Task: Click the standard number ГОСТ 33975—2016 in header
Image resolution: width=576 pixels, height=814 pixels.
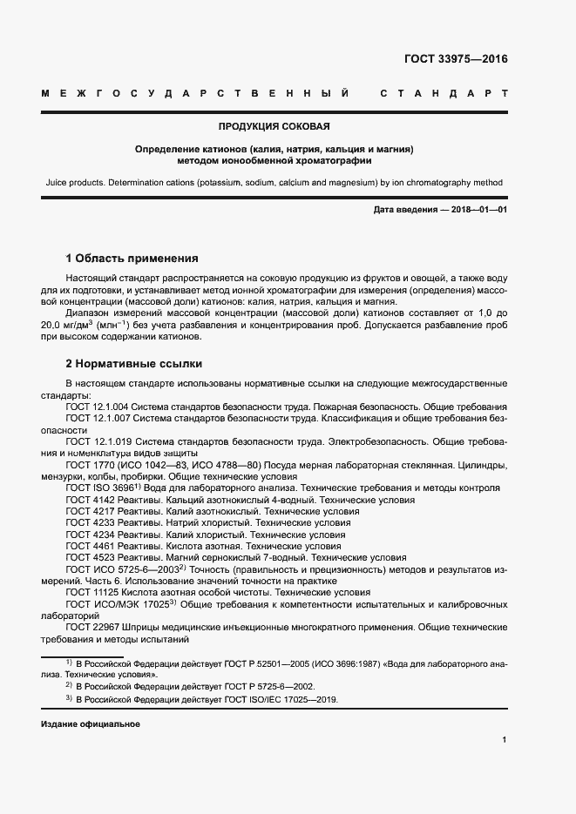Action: click(455, 59)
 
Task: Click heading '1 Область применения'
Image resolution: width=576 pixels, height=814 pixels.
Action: click(132, 258)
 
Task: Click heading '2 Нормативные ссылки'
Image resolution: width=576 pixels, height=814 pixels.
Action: click(133, 364)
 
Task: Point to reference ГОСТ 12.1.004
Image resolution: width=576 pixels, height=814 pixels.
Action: click(98, 407)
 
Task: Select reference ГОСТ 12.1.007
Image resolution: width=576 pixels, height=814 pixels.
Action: click(98, 419)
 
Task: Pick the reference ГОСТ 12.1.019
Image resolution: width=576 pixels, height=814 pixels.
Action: click(98, 442)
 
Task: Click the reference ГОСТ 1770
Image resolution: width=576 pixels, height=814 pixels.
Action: click(90, 465)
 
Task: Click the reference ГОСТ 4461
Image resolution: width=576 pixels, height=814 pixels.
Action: click(90, 545)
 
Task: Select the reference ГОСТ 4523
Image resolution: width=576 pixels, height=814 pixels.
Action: click(90, 556)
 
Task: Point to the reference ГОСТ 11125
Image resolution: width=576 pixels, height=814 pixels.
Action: click(92, 591)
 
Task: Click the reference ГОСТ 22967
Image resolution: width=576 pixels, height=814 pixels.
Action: click(92, 626)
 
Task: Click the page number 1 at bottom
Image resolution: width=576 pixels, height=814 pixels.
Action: click(505, 740)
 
